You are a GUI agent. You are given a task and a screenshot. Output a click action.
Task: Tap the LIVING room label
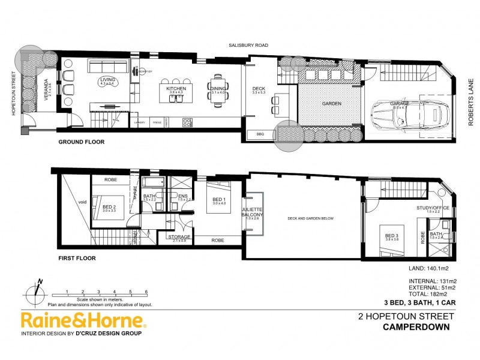click(107, 80)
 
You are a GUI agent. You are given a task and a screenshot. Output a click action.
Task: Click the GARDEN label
click(331, 103)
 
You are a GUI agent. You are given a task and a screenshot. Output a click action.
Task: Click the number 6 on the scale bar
click(146, 292)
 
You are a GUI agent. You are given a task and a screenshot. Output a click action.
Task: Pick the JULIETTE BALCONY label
click(251, 213)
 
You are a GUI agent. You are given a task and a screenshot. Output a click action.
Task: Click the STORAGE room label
click(179, 237)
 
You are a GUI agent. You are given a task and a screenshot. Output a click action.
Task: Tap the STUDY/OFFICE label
click(428, 209)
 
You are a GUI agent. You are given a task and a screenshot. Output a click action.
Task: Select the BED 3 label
click(391, 235)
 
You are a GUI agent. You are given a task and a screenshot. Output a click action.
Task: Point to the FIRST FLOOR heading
click(76, 258)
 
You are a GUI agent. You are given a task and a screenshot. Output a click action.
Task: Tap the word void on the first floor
click(83, 202)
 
